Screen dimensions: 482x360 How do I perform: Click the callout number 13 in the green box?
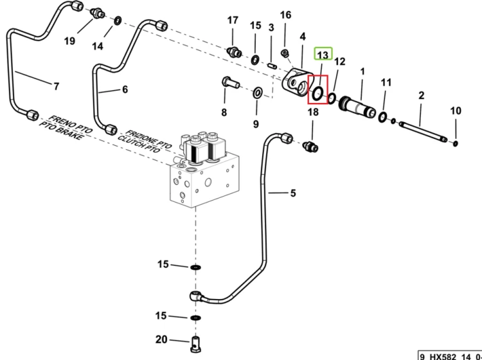(x=323, y=55)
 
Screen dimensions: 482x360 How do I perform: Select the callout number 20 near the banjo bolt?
(x=161, y=339)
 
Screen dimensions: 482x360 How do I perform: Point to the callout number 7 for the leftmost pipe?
(x=56, y=86)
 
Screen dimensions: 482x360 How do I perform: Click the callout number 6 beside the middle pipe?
(x=125, y=89)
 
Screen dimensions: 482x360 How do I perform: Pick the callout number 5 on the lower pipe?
(x=293, y=193)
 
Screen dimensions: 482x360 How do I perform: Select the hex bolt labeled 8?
(x=229, y=83)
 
